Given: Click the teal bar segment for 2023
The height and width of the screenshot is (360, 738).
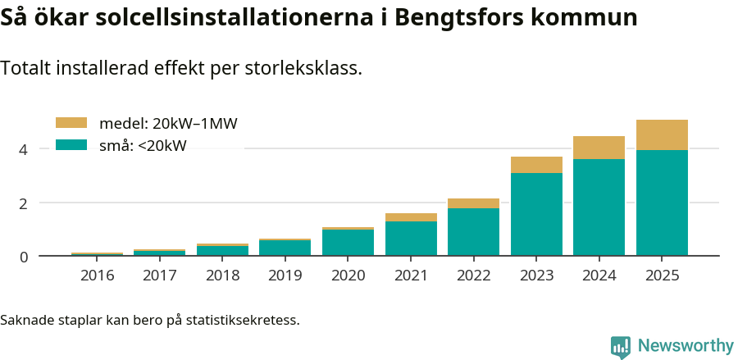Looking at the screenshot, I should click(536, 214).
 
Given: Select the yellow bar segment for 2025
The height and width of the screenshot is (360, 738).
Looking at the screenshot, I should click(662, 135).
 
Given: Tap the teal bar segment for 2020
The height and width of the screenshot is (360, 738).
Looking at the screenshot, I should click(348, 243).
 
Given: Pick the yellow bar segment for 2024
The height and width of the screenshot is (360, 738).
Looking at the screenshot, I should click(599, 148).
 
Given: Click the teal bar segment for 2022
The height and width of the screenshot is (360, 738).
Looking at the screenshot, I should click(473, 232).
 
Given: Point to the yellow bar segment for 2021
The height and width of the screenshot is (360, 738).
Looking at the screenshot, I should click(411, 217).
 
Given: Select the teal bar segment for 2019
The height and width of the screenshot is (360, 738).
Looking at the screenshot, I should click(285, 248).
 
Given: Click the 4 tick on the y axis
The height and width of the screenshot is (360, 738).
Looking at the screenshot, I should click(24, 149).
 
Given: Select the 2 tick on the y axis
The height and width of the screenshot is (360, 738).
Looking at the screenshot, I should click(24, 203).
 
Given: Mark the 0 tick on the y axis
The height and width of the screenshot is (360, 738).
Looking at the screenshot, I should click(24, 257).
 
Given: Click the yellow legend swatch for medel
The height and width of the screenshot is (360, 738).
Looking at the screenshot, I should click(71, 123).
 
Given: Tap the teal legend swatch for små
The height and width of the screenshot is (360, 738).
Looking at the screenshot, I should click(71, 145).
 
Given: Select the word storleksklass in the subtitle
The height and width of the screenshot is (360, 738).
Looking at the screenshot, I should click(303, 68).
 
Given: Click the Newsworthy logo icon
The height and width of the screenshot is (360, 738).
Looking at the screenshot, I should click(621, 347).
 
